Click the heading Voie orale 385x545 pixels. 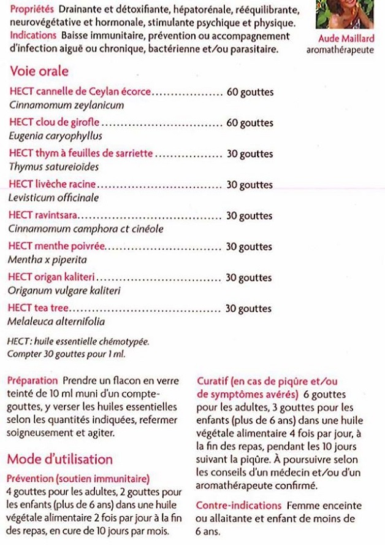tap(39, 71)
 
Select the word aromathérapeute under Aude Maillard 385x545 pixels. tap(340, 50)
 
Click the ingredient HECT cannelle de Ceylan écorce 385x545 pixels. tap(80, 92)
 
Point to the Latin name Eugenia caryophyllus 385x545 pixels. tap(56, 136)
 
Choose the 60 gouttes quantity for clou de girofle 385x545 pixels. tap(250, 123)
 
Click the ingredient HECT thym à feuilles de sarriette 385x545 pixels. tap(81, 154)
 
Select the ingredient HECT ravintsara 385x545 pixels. tap(44, 216)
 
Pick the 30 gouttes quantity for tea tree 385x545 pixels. tap(249, 309)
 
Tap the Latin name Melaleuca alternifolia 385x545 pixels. tap(56, 321)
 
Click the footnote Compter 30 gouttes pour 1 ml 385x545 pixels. tap(63, 354)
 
